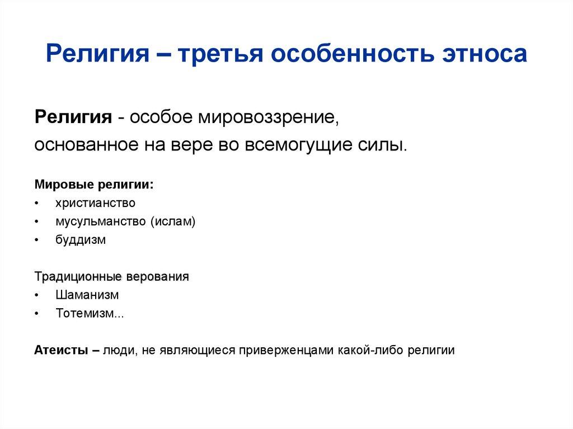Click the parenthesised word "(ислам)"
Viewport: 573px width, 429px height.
pos(173,221)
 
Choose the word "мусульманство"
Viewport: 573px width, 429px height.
pos(101,221)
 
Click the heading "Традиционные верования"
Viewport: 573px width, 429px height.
pos(112,277)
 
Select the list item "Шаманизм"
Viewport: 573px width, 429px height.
pos(87,295)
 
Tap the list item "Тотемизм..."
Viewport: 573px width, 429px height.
pos(90,313)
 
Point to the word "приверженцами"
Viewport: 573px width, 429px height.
pos(286,351)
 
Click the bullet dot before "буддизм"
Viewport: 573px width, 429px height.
pos(36,240)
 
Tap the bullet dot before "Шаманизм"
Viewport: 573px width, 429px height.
pos(36,295)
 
